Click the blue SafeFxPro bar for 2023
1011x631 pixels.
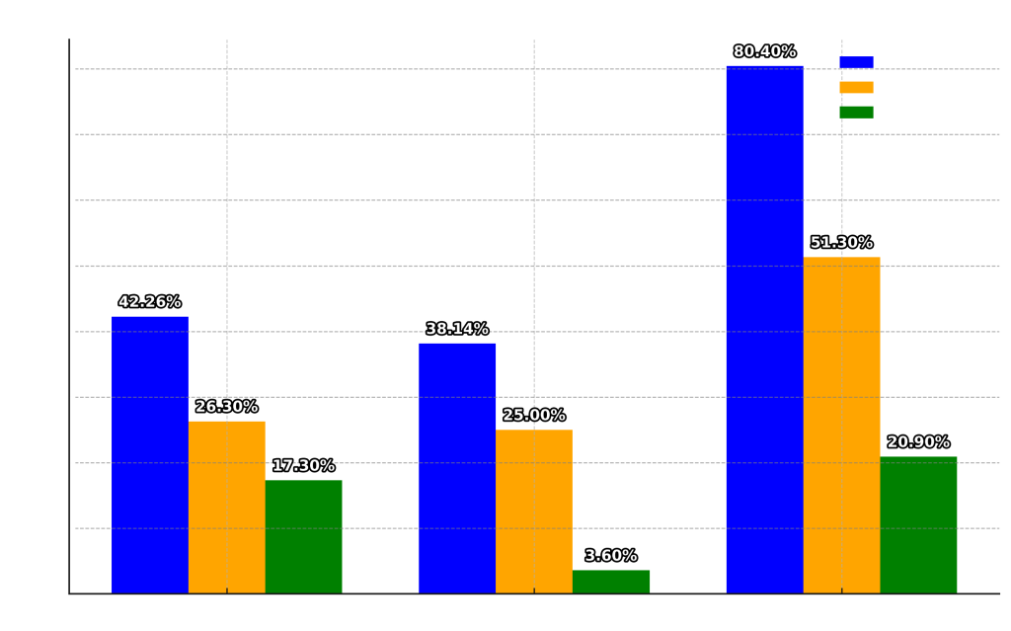pos(150,454)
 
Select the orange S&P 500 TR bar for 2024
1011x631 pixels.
pos(534,512)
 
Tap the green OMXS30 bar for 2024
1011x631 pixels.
pos(611,582)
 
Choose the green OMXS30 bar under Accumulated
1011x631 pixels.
pos(918,524)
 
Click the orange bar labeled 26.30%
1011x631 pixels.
pos(227,507)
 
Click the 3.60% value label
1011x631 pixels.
pos(611,556)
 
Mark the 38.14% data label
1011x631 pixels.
pos(457,330)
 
